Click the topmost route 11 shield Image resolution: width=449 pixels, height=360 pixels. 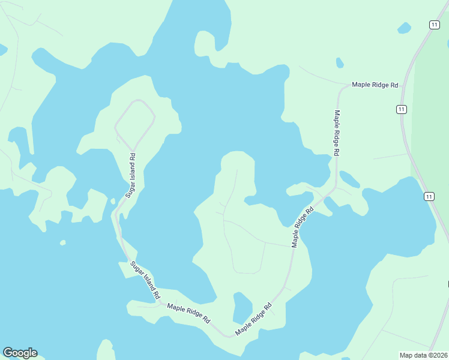[x=434, y=24]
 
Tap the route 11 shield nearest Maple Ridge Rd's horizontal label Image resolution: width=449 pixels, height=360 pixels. [x=401, y=109]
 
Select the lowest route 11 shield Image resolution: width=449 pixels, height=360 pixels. [x=428, y=196]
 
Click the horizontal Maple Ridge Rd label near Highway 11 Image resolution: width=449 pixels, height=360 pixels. [x=375, y=85]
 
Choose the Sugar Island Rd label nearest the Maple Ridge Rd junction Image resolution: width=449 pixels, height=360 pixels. [x=145, y=280]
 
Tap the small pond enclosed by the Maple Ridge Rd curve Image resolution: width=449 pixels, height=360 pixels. [x=242, y=307]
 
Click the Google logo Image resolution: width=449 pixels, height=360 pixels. [x=20, y=353]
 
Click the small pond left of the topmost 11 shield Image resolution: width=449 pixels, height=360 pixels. [x=405, y=28]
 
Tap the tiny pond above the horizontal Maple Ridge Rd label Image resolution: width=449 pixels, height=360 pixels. [x=340, y=62]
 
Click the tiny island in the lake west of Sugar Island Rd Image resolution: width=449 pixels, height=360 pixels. [x=62, y=242]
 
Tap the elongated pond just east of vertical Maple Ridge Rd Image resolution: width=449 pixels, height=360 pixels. [x=349, y=179]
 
